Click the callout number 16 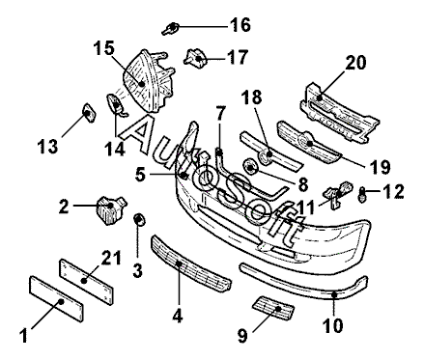[x=240, y=25]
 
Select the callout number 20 [x=355, y=63]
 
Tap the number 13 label [x=47, y=147]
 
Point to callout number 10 [x=333, y=325]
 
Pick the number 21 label [x=110, y=257]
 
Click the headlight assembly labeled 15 [x=149, y=81]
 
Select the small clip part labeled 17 [x=194, y=58]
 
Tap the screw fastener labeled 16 [x=171, y=29]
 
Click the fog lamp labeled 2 [x=111, y=209]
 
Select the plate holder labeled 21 [x=86, y=282]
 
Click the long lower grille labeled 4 [x=190, y=263]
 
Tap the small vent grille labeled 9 [x=273, y=308]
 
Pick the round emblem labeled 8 [x=250, y=166]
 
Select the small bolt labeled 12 [x=361, y=194]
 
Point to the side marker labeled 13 [x=89, y=113]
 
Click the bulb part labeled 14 [x=115, y=104]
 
